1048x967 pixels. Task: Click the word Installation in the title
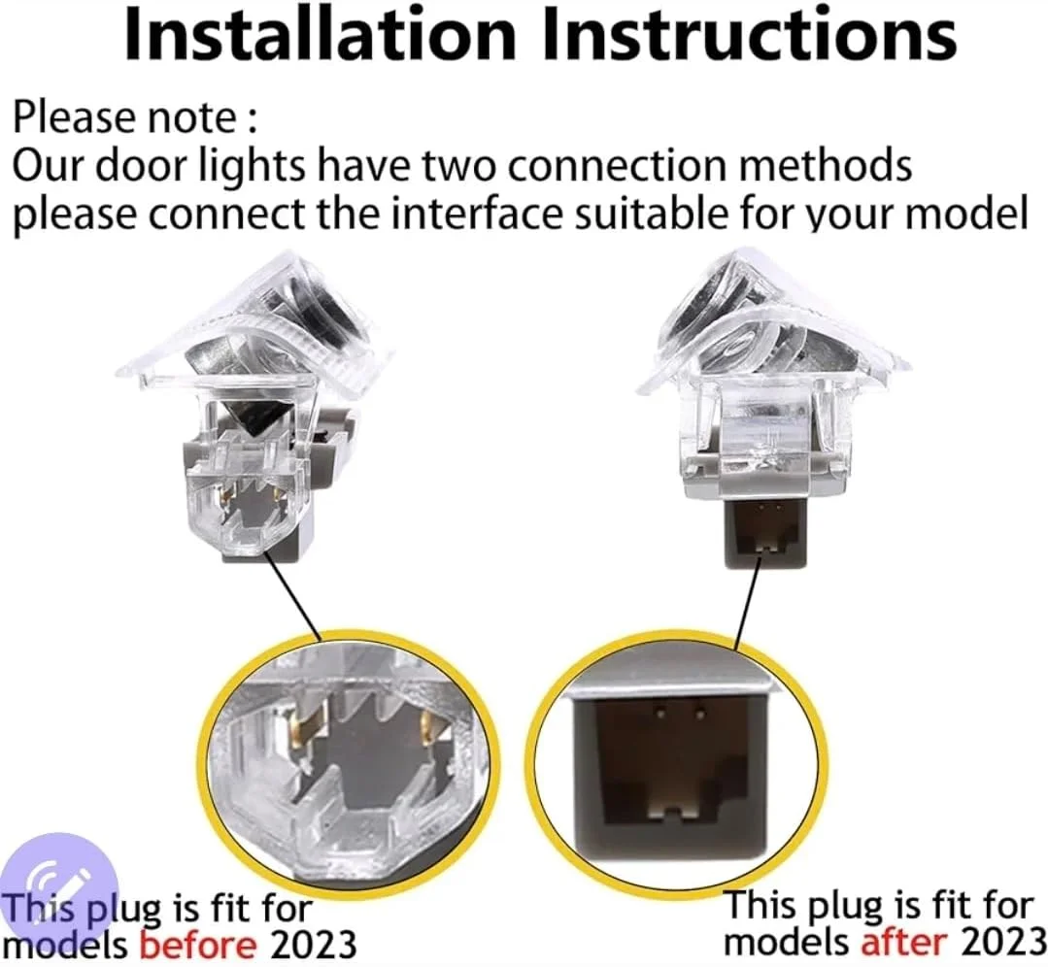click(321, 35)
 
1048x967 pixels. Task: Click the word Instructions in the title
click(749, 35)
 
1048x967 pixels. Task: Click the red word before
click(198, 945)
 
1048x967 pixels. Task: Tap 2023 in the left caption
click(312, 945)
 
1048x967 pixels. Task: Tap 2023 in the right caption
click(1002, 943)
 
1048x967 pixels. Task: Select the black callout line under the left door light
click(294, 595)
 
